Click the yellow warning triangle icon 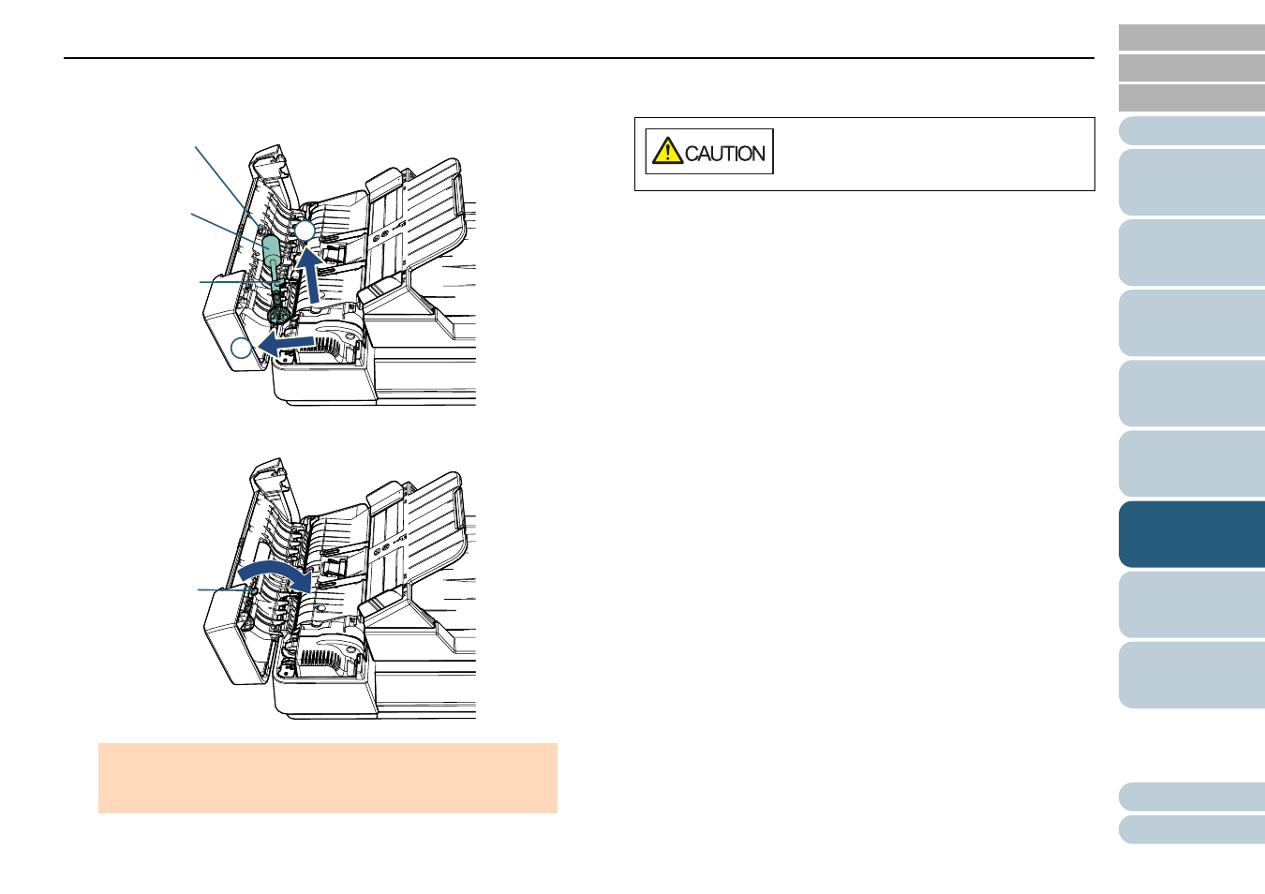click(x=667, y=151)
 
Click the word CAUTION click(x=724, y=154)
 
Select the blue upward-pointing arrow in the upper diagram click(x=309, y=274)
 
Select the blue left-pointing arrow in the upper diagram click(x=285, y=344)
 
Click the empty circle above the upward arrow click(x=305, y=231)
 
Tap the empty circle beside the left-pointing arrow click(x=241, y=348)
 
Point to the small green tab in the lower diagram click(x=255, y=589)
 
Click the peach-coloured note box click(x=328, y=778)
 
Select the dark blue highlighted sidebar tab click(x=1192, y=534)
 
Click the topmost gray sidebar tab click(x=1192, y=37)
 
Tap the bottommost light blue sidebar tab click(x=1192, y=829)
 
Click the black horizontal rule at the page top click(x=579, y=57)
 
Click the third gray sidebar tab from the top click(x=1192, y=97)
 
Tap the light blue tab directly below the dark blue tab click(x=1192, y=604)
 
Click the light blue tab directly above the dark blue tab click(x=1192, y=464)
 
